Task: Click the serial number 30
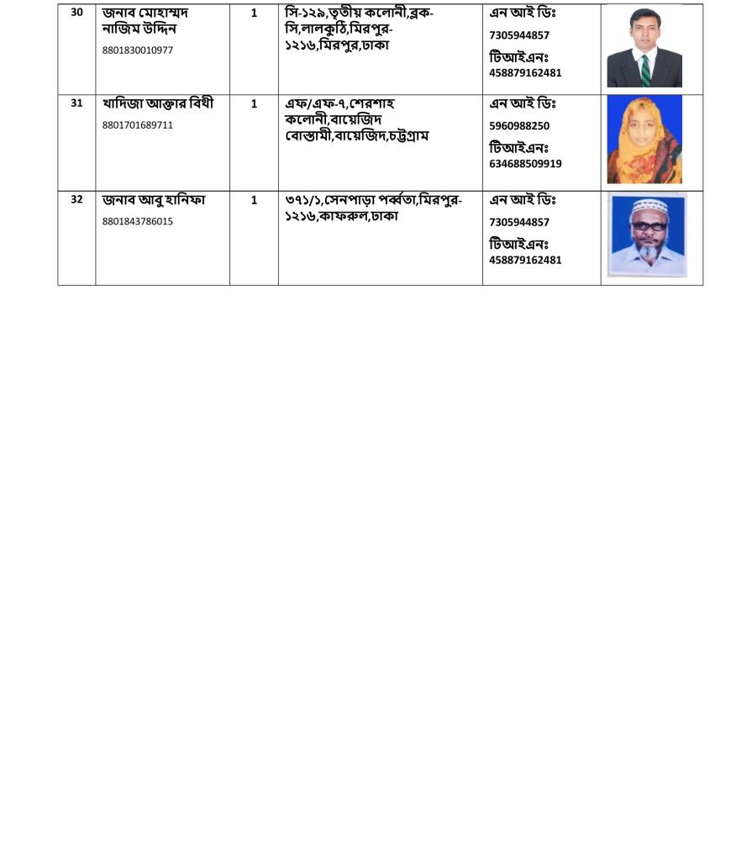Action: point(76,13)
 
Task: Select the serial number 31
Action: point(76,103)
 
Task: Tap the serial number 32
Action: point(76,200)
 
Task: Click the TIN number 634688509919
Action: point(525,164)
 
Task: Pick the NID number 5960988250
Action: point(519,126)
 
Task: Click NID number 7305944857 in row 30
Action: point(519,35)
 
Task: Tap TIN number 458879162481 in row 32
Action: point(525,260)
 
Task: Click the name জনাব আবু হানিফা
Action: point(154,201)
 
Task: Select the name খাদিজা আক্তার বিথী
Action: point(158,104)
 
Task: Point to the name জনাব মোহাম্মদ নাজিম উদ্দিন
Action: point(145,21)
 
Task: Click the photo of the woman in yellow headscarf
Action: point(644,140)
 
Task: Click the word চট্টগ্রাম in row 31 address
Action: point(408,136)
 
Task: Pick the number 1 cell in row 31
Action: point(254,104)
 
